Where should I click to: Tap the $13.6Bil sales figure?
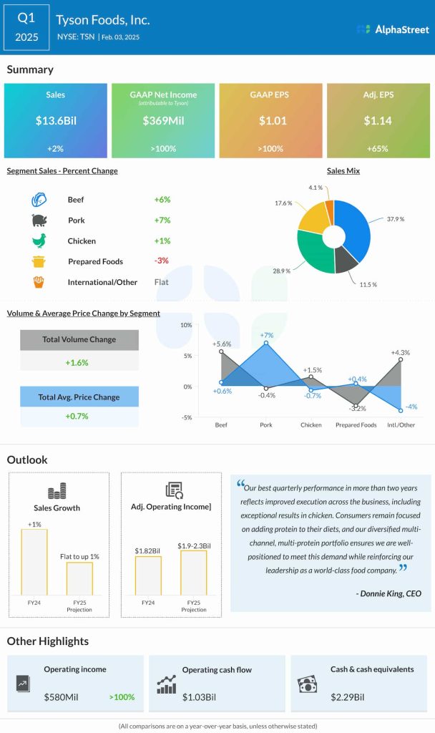coord(55,121)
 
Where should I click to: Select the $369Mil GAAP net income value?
coord(163,121)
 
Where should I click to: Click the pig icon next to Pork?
coord(39,220)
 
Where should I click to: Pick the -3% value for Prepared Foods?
coord(162,261)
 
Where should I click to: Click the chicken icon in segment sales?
coord(39,241)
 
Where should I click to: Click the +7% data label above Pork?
coord(267,335)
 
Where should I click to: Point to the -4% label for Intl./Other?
coord(411,407)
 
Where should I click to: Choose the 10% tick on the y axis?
coord(186,325)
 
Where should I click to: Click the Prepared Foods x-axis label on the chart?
coord(356,425)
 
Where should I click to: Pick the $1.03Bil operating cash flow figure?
coord(198,696)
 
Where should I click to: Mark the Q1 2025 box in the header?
coord(26,26)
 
